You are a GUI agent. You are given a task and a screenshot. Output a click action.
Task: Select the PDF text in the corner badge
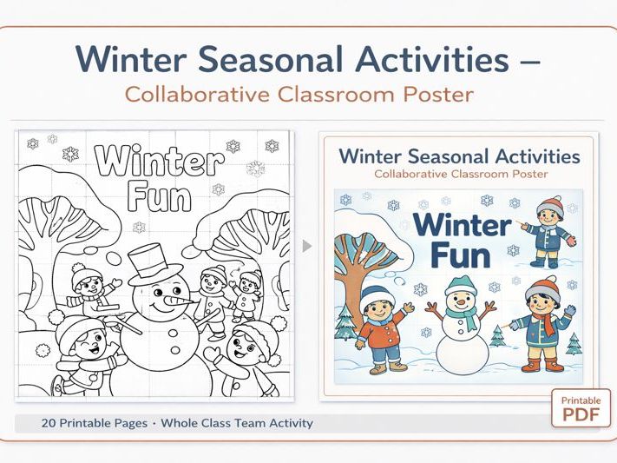tap(581, 414)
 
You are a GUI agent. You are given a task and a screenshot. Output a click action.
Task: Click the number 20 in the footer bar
tap(49, 424)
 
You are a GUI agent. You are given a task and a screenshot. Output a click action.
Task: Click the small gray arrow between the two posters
tap(306, 246)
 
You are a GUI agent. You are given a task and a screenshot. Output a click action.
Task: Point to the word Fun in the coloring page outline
tap(158, 196)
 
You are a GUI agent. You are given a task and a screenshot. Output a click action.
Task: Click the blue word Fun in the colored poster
tap(460, 255)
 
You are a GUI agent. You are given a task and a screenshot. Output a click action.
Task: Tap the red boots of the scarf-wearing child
tap(541, 365)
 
